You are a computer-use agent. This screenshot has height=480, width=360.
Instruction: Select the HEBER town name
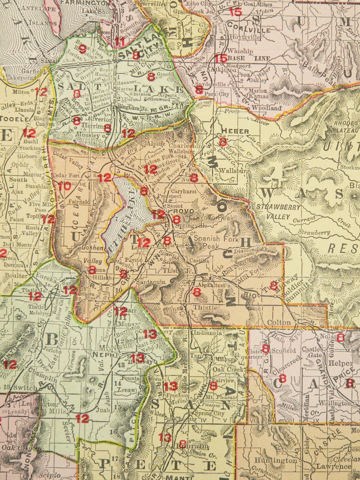[x=235, y=131]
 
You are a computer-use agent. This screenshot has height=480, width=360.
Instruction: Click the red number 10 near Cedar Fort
[x=64, y=185]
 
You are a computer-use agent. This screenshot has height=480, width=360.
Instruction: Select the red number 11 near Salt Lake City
[x=120, y=42]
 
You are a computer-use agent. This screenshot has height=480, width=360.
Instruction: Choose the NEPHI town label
[x=103, y=354]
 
